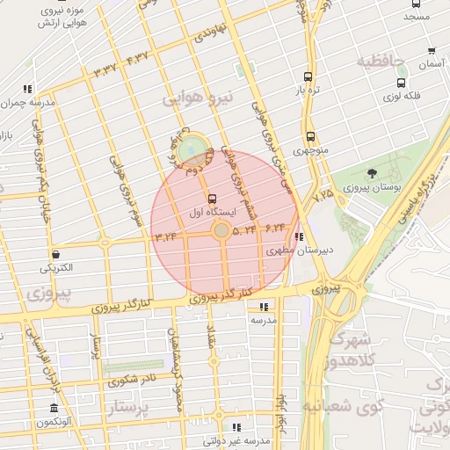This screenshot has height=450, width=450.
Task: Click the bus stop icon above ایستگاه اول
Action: tap(211, 198)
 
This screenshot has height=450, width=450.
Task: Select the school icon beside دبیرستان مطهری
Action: tap(300, 236)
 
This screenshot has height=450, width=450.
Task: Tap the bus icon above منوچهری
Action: tap(309, 136)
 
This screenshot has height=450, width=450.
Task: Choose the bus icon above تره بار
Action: tap(307, 76)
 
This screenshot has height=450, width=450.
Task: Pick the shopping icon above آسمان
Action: tap(432, 51)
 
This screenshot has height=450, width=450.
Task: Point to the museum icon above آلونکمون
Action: tap(54, 409)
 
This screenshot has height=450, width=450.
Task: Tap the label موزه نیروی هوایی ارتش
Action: tap(54, 15)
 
